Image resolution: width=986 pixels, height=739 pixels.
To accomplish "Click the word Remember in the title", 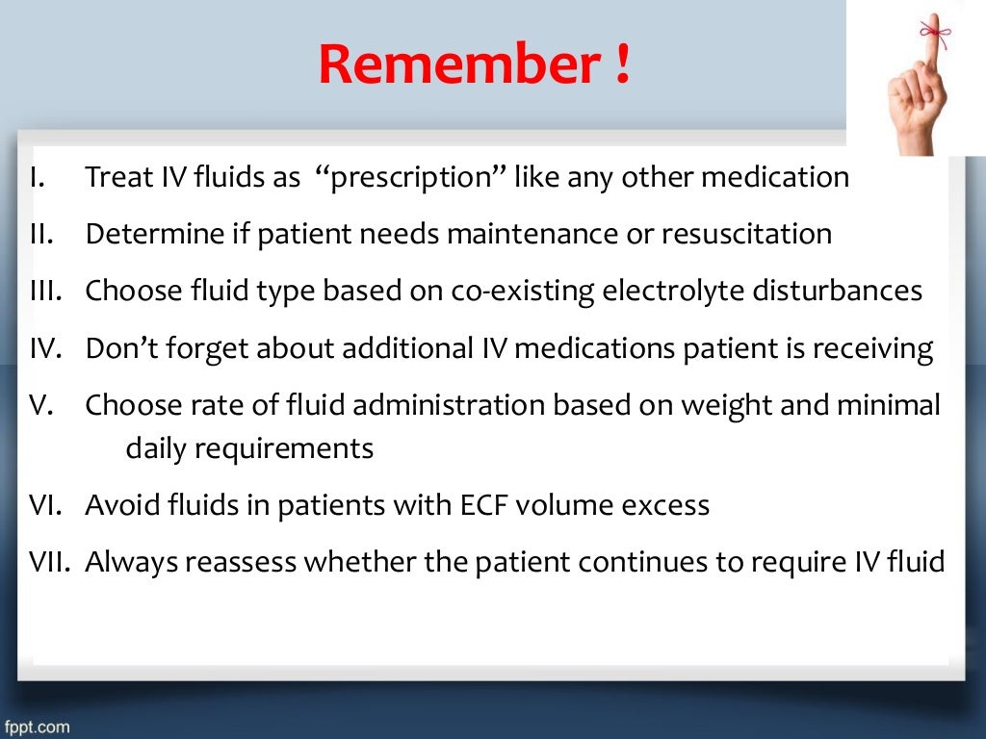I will [454, 64].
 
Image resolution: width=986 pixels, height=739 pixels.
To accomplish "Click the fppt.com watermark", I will [36, 726].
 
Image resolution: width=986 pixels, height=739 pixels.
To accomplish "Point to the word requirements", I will [249, 448].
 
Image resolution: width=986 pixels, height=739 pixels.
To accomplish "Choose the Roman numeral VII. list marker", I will [45, 562].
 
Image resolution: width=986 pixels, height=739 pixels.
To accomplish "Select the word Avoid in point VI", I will [117, 505].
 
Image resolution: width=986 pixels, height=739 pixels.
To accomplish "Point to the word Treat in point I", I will [110, 178].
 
